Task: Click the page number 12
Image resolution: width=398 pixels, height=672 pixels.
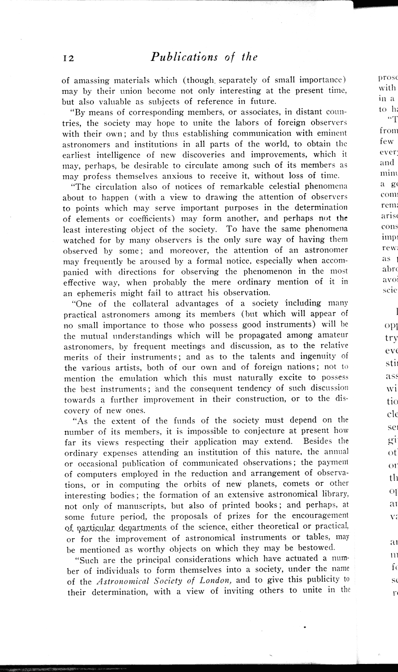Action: point(68,58)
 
